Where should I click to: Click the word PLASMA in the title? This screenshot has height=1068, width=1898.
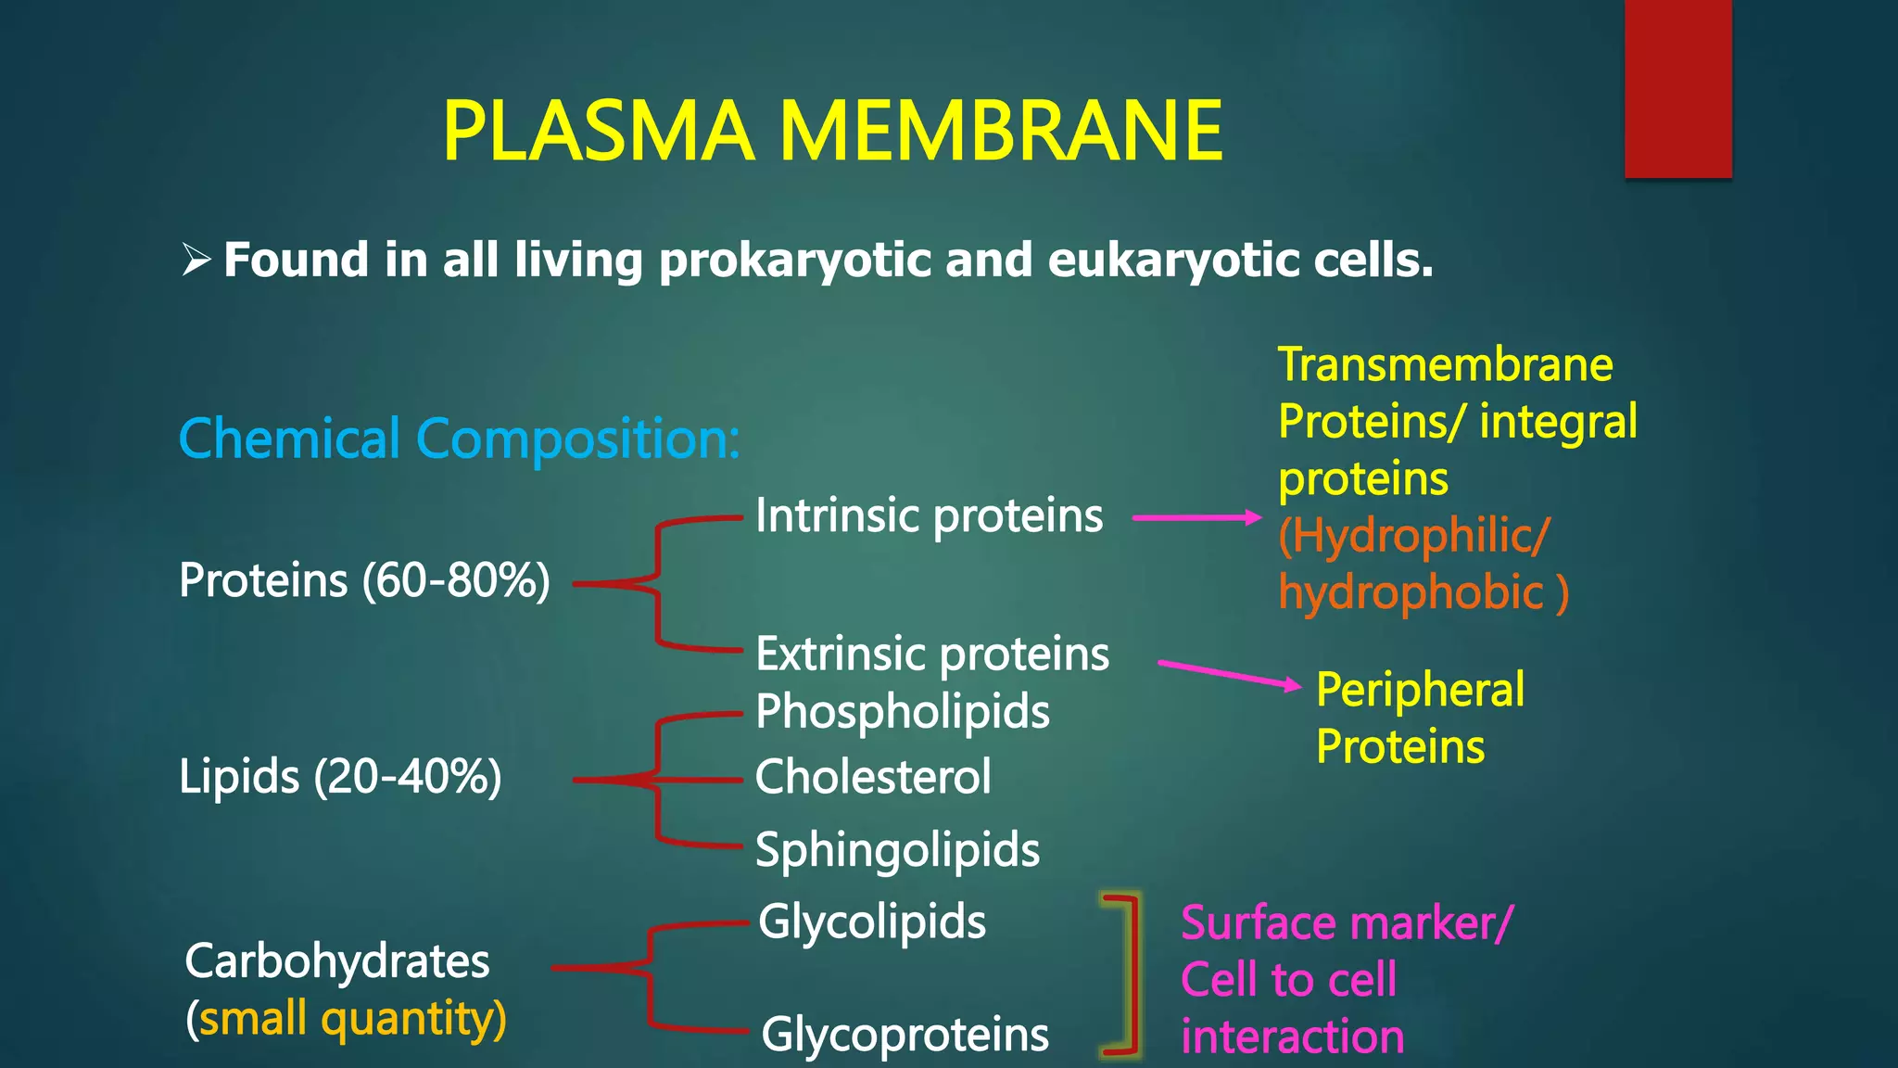pyautogui.click(x=598, y=132)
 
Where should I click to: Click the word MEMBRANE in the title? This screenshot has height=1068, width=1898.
pyautogui.click(x=1001, y=132)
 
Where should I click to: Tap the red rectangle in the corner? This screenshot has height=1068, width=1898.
pyautogui.click(x=1677, y=88)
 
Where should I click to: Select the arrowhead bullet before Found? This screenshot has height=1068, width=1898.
pyautogui.click(x=196, y=259)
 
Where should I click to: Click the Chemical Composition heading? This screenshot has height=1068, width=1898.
pyautogui.click(x=459, y=438)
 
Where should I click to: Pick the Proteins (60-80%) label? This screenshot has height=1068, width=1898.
pyautogui.click(x=364, y=581)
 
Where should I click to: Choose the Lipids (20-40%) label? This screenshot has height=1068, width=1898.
pyautogui.click(x=340, y=776)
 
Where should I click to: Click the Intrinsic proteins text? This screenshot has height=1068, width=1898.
pyautogui.click(x=929, y=515)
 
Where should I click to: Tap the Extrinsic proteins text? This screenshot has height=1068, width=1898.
pyautogui.click(x=931, y=655)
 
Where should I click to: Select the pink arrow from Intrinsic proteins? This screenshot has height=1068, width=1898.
pyautogui.click(x=1197, y=517)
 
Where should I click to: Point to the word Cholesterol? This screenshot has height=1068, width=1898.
pyautogui.click(x=872, y=777)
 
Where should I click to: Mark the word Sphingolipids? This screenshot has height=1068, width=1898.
pyautogui.click(x=897, y=850)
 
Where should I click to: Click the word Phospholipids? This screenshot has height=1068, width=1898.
pyautogui.click(x=902, y=712)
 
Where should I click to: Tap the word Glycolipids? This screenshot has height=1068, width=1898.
pyautogui.click(x=871, y=922)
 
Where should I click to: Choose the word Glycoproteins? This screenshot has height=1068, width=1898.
pyautogui.click(x=905, y=1035)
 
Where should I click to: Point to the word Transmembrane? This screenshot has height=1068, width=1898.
pyautogui.click(x=1445, y=364)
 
